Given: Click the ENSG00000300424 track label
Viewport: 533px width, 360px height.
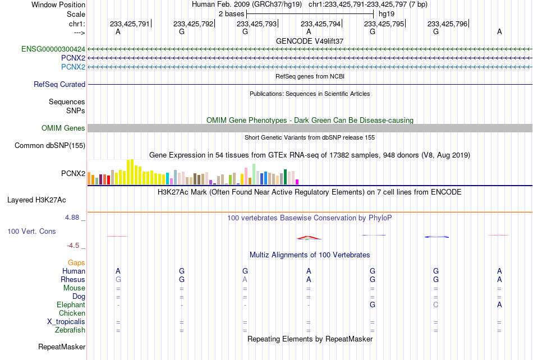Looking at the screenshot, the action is [53, 49].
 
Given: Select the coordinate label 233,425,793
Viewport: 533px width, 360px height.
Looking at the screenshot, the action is [256, 24].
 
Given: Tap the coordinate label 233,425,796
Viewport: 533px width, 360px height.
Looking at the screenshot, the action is [447, 24].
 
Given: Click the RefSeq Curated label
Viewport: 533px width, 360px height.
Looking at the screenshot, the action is [59, 84].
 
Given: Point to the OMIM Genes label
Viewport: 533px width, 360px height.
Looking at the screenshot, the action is [63, 128].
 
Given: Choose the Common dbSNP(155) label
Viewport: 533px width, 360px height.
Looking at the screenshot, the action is [50, 145].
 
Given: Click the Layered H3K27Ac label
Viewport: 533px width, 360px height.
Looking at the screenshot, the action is [36, 200].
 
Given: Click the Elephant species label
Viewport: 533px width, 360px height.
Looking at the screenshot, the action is [71, 304].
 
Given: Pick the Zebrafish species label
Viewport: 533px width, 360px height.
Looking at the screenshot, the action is [70, 330].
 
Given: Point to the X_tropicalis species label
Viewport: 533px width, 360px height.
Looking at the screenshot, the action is [66, 322].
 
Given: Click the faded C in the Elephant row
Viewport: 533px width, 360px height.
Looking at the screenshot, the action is [436, 304].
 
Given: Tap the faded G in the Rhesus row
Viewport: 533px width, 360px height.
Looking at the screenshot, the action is [118, 279].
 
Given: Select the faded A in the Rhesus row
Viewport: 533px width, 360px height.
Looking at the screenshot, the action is [245, 279].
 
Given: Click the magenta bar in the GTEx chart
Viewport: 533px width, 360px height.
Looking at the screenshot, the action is [297, 182].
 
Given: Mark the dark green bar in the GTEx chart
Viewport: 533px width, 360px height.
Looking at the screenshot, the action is [285, 177].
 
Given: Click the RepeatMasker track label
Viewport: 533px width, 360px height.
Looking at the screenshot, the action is [62, 347].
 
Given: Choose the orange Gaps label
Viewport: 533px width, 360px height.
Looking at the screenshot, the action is [76, 262].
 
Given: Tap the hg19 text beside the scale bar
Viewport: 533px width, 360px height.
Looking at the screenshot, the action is [387, 14].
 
